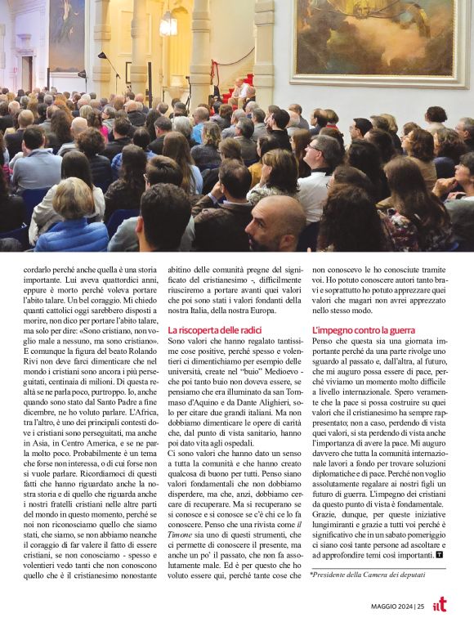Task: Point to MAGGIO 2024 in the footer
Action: (x=394, y=606)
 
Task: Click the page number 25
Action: (x=420, y=606)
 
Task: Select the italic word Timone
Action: (x=181, y=512)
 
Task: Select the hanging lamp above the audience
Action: (x=168, y=24)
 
